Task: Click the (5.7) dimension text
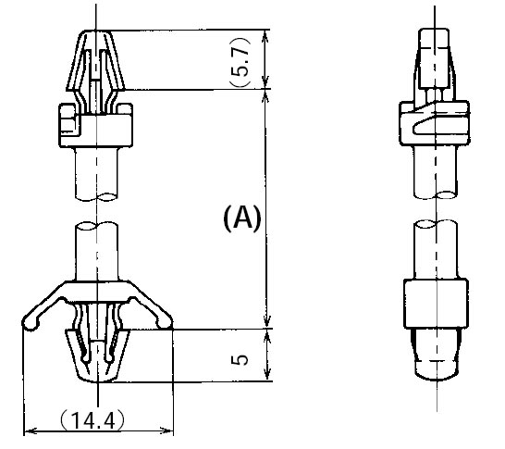click(240, 61)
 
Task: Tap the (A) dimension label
click(242, 218)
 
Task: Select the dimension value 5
click(240, 359)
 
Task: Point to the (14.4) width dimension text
click(92, 419)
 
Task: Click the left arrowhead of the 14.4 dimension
click(30, 430)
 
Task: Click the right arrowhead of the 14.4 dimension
click(166, 430)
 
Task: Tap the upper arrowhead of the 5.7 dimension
click(265, 36)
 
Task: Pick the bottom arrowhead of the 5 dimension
click(267, 375)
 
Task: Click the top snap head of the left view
click(95, 60)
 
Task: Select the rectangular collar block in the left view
click(95, 125)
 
